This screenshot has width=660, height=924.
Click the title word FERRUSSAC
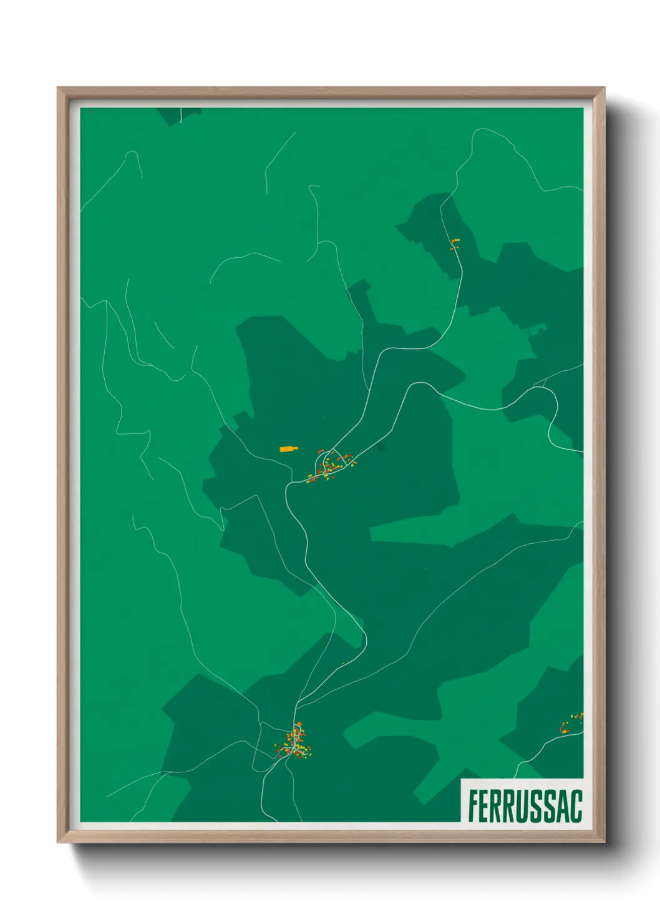pyautogui.click(x=525, y=806)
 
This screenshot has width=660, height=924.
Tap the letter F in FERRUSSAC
pyautogui.click(x=473, y=806)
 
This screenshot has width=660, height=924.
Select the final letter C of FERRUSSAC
pyautogui.click(x=575, y=806)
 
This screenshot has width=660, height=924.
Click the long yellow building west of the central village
pyautogui.click(x=288, y=448)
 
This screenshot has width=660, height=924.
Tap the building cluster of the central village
pyautogui.click(x=331, y=465)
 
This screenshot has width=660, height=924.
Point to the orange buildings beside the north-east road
pyautogui.click(x=454, y=243)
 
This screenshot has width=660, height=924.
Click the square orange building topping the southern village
pyautogui.click(x=298, y=724)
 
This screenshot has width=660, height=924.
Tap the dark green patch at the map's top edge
pyautogui.click(x=178, y=115)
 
